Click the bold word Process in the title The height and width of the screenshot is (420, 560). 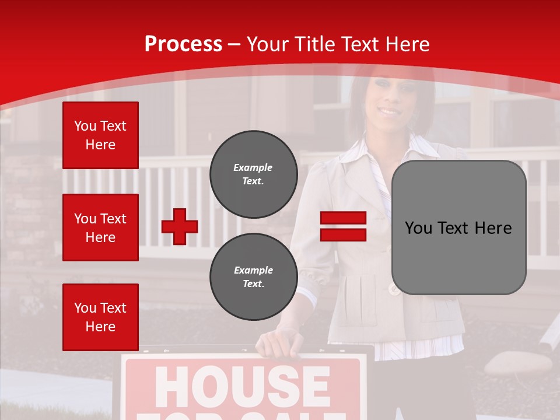coord(183,44)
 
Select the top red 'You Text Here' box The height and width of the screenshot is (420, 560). coord(100,135)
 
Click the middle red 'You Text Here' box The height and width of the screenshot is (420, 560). coord(100,228)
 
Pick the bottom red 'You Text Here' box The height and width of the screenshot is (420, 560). coord(100,317)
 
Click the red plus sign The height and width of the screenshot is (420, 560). coord(180,226)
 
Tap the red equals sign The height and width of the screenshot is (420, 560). coord(343,226)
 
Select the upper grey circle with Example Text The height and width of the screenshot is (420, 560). coord(254,174)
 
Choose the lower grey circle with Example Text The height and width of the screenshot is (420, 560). coord(254,276)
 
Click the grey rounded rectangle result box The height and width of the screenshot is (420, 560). coord(459,228)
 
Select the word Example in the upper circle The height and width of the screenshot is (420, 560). coord(253,167)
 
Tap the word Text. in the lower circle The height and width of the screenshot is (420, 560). coord(253,284)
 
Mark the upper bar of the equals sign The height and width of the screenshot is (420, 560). coord(343,218)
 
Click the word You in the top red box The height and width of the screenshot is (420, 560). coord(85,126)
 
